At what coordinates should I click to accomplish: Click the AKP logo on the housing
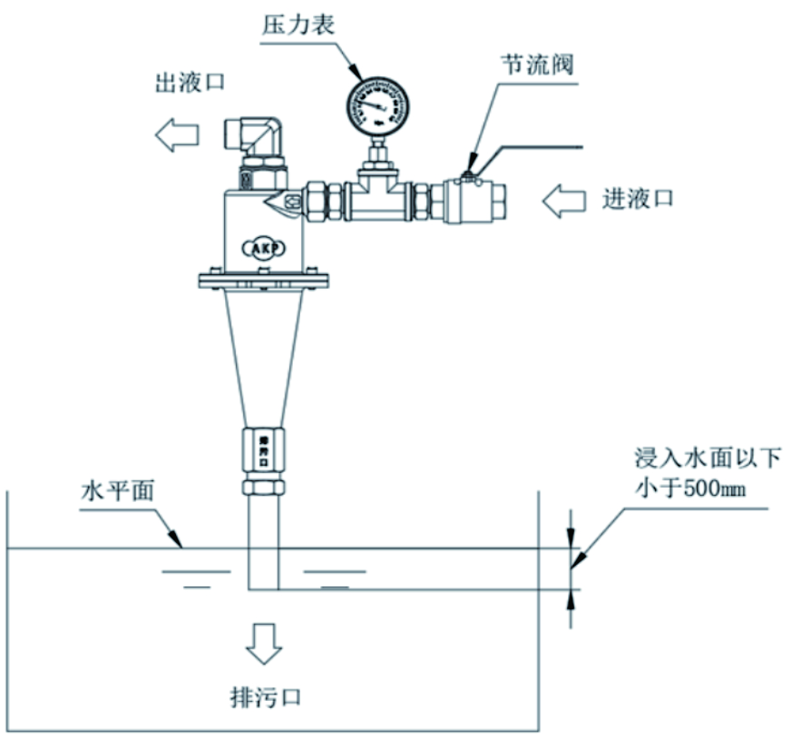tap(264, 246)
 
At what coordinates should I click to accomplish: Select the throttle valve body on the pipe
tap(473, 198)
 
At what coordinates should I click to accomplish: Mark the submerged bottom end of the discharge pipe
tap(263, 586)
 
